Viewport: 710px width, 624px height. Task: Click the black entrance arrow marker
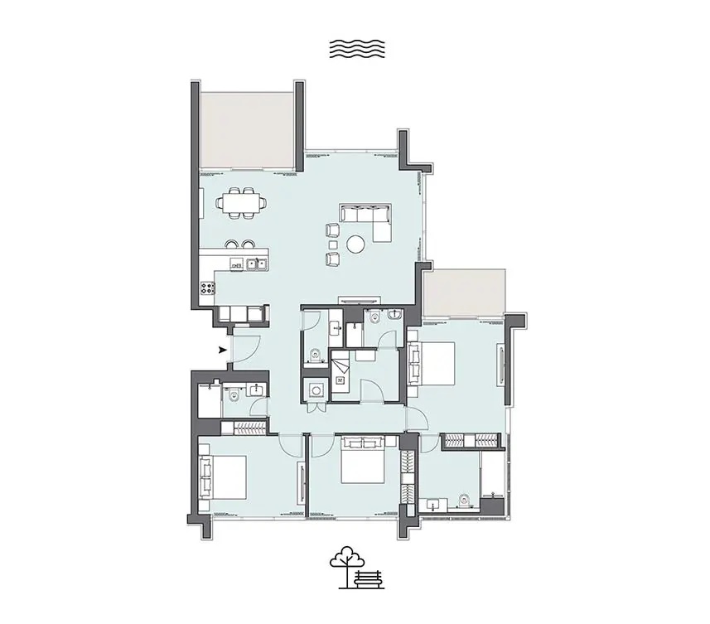222,350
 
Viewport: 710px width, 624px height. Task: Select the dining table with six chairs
241,202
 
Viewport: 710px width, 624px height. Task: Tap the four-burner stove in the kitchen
207,288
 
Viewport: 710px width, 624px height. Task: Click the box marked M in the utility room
339,380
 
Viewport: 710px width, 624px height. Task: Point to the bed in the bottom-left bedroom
224,477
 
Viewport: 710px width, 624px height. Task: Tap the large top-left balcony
247,128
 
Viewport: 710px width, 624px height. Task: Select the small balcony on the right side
463,292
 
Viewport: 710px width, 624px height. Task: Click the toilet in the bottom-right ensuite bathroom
465,500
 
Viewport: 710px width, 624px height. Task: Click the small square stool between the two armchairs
332,244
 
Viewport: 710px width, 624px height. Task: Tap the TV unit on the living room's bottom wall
359,299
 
